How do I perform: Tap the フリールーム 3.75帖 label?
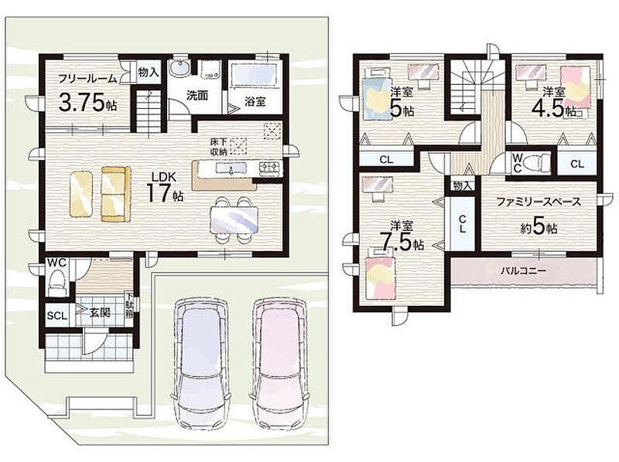[87, 93]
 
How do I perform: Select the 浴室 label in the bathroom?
[255, 102]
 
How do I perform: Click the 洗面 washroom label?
[197, 95]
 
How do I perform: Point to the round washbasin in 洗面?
[180, 69]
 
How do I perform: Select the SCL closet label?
[56, 316]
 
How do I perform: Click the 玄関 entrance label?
[100, 313]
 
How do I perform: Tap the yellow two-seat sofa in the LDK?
[115, 194]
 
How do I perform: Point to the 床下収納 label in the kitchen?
[218, 147]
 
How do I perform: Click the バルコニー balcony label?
[524, 271]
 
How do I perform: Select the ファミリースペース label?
[539, 202]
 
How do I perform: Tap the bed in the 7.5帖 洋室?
[381, 273]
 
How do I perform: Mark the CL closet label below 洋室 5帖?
[386, 160]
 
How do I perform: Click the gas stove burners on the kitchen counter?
[270, 168]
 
